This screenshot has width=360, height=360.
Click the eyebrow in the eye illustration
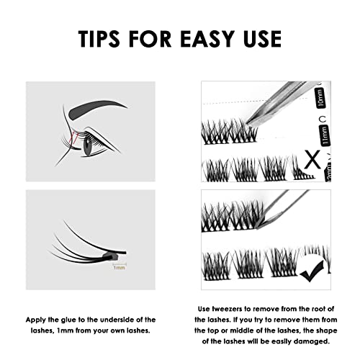[x=105, y=107]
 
